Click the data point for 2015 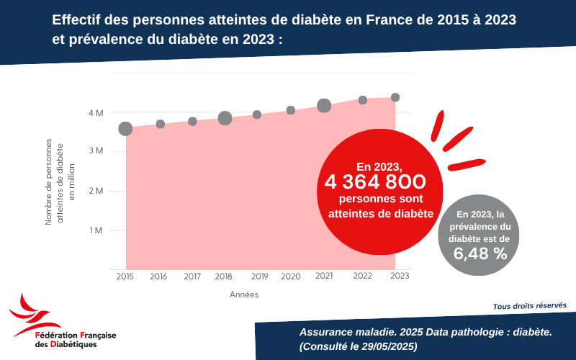click(x=125, y=129)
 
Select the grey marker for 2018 click(x=225, y=118)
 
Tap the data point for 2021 click(x=324, y=106)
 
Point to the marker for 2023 click(x=395, y=98)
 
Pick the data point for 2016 click(x=161, y=125)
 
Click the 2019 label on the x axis click(x=260, y=276)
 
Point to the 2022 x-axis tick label click(x=362, y=276)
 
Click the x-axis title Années click(x=244, y=294)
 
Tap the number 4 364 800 click(x=375, y=182)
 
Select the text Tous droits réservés click(x=529, y=306)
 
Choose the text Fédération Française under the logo click(x=76, y=336)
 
